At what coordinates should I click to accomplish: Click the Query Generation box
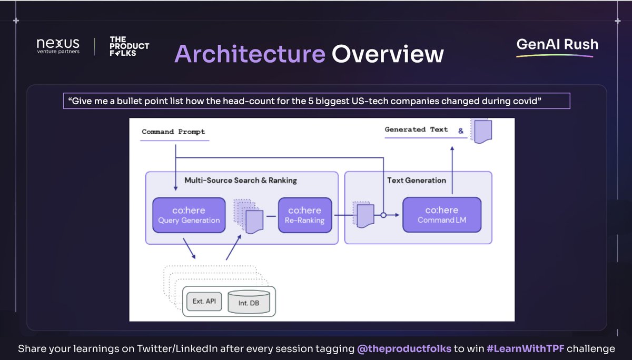click(189, 215)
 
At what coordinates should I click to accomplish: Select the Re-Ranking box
click(305, 215)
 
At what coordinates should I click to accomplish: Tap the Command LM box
click(442, 215)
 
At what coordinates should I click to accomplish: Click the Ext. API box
click(204, 302)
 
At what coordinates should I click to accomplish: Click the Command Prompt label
click(173, 132)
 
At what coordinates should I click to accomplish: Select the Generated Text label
click(416, 129)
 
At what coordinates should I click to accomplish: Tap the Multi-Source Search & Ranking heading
click(241, 181)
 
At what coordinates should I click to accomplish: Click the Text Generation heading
click(417, 181)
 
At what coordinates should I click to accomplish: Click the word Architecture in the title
click(250, 54)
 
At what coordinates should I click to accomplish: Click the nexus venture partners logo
click(58, 46)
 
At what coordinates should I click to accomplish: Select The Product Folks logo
click(129, 46)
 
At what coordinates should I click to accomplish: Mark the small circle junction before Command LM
click(383, 215)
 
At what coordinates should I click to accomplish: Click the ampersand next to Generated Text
click(461, 131)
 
